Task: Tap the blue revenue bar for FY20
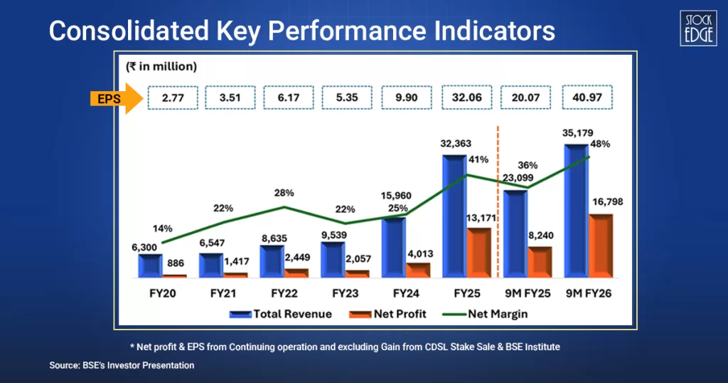coord(150,266)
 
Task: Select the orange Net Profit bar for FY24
coord(419,270)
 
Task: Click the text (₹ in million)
coord(161,66)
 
